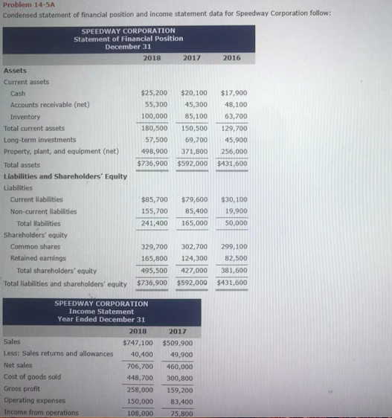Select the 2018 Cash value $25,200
click(152, 93)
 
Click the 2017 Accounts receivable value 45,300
click(194, 105)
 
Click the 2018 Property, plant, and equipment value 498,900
click(154, 152)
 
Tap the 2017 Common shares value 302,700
click(194, 246)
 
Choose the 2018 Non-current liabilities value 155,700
click(154, 211)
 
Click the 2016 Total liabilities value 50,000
click(236, 223)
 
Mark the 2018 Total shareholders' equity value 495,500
click(154, 271)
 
